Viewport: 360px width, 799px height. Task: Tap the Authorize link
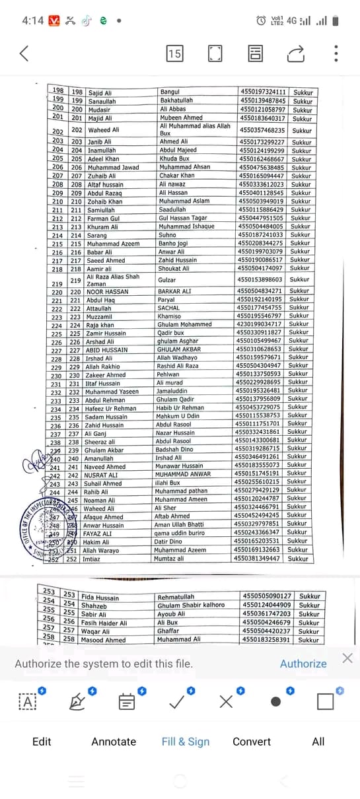303,664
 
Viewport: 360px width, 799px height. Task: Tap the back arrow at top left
24,53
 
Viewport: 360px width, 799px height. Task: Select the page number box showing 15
174,53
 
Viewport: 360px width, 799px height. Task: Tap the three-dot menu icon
336,53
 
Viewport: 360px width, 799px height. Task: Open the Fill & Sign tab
186,742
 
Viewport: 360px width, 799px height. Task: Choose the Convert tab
251,742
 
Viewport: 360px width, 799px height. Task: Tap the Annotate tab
114,742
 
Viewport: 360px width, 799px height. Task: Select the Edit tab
42,742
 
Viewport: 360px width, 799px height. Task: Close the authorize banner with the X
347,658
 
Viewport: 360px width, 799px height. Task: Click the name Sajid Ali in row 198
100,93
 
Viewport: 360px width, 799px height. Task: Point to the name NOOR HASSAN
108,292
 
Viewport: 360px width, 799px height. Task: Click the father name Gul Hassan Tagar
184,218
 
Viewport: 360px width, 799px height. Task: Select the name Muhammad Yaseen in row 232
112,392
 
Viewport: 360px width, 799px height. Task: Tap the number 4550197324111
263,92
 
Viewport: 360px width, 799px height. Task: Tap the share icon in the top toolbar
296,53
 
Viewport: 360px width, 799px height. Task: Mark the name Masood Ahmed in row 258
103,640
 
